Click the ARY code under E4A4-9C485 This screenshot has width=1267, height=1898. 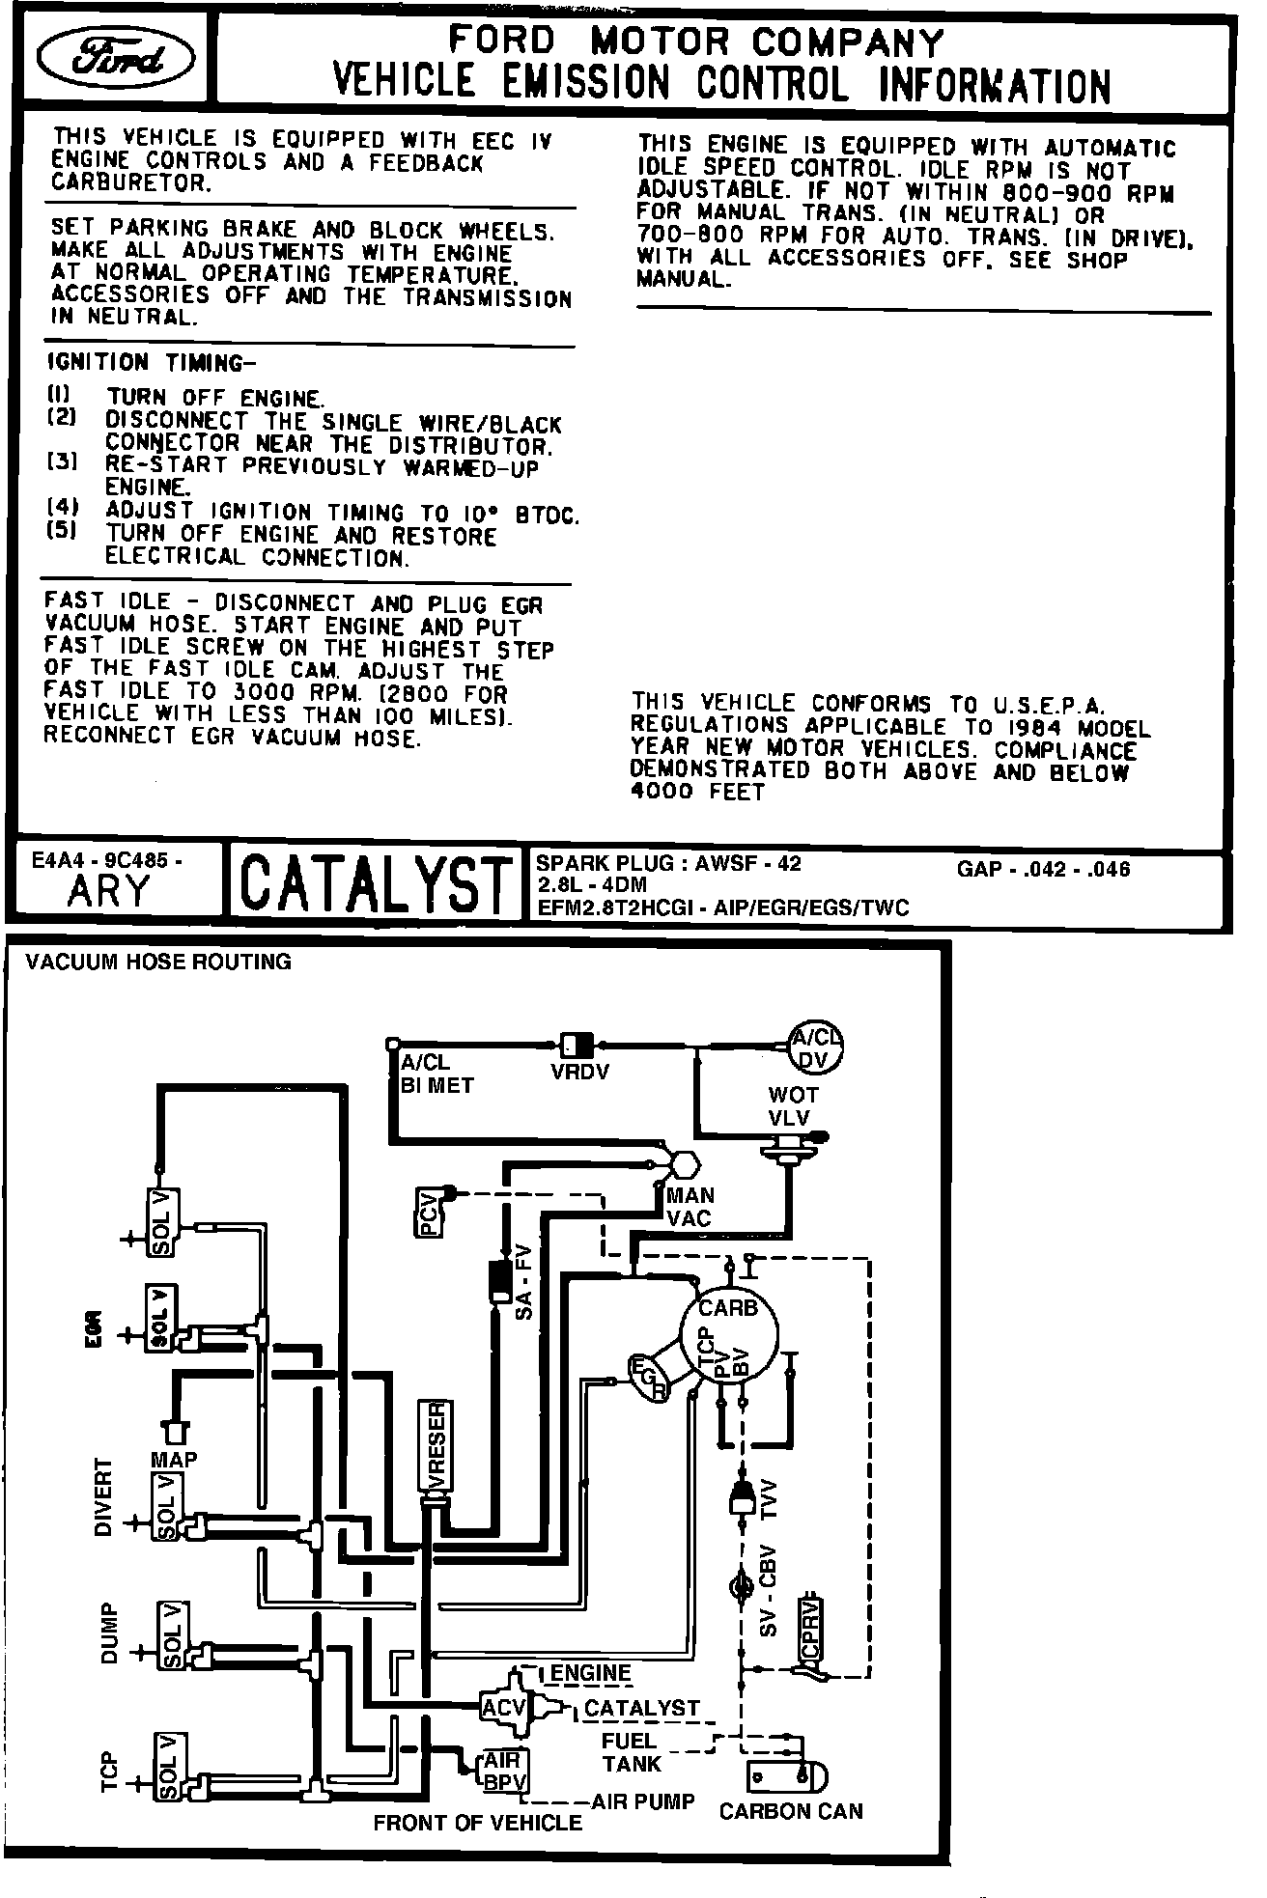[x=109, y=891]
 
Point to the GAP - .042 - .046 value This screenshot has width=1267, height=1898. [x=1043, y=869]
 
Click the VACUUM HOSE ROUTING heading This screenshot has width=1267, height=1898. [x=158, y=962]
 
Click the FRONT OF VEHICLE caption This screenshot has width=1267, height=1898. [x=478, y=1823]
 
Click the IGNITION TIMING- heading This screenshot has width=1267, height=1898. [x=153, y=363]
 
